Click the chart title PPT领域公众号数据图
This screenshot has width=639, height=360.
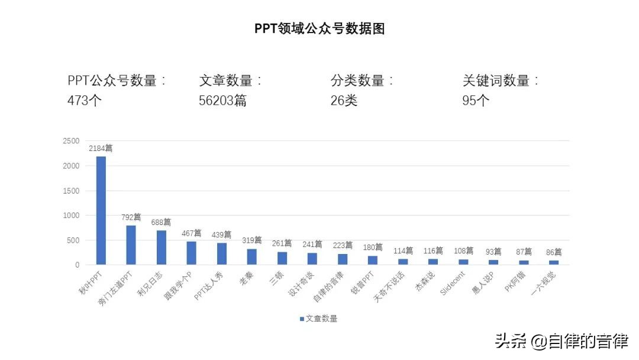pyautogui.click(x=319, y=28)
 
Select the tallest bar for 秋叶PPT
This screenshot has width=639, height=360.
pyautogui.click(x=101, y=210)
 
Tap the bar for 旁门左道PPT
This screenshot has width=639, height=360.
pyautogui.click(x=131, y=245)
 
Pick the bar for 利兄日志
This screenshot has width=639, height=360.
pyautogui.click(x=162, y=247)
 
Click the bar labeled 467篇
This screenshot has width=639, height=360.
pyautogui.click(x=192, y=253)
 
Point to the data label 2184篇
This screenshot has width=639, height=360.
pyautogui.click(x=101, y=149)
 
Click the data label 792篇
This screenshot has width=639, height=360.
pyautogui.click(x=130, y=217)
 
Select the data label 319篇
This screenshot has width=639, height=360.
pyautogui.click(x=251, y=240)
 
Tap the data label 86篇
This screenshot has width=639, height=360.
pyautogui.click(x=554, y=252)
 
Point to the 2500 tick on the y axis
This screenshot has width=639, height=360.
pyautogui.click(x=71, y=141)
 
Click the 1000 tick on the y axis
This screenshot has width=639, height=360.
pyautogui.click(x=71, y=216)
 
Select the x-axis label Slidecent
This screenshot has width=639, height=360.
pyautogui.click(x=454, y=284)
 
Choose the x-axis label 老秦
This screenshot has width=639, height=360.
pyautogui.click(x=246, y=278)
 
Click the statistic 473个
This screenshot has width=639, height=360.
pyautogui.click(x=85, y=101)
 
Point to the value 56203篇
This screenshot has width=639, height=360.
pyautogui.click(x=222, y=101)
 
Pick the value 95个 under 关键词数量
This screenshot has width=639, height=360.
pyautogui.click(x=476, y=101)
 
